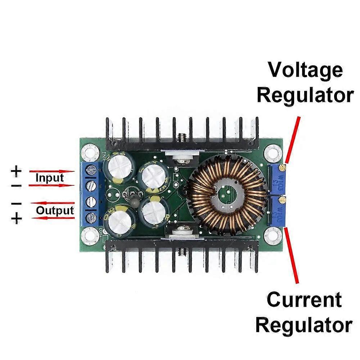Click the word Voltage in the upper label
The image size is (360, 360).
click(x=305, y=70)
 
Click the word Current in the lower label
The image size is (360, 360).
click(x=304, y=300)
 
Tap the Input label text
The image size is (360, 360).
click(x=50, y=178)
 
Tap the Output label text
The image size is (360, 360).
click(x=55, y=211)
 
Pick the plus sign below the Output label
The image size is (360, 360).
click(x=16, y=219)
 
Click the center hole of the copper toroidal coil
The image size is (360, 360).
click(x=225, y=195)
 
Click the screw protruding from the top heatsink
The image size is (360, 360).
click(x=182, y=138)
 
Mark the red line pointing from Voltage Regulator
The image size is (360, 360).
click(x=292, y=139)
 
